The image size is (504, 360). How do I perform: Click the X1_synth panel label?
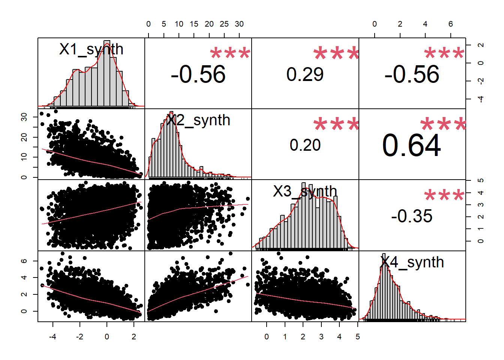pos(91,49)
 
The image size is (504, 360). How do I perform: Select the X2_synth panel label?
pos(198,120)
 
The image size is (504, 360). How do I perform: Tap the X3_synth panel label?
pos(305,191)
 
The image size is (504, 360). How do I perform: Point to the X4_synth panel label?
pos(412,262)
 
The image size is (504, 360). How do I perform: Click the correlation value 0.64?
pos(412,145)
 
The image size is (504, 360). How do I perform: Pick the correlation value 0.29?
pos(305,74)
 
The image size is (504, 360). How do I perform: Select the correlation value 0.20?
pos(305,145)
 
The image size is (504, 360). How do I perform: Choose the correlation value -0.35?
pos(412,216)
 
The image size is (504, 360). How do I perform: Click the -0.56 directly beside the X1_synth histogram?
pos(198,74)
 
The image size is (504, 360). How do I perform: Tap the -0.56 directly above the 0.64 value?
pos(412,74)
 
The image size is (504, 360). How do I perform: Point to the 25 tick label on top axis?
pos(224,24)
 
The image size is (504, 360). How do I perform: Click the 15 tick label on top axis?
pos(194,24)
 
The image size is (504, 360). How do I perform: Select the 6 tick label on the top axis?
pos(450,24)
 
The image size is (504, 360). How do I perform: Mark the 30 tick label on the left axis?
pos(24,117)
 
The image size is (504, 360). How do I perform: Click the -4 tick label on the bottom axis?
pos(52,337)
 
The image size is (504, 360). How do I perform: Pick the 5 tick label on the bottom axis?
pos(357,337)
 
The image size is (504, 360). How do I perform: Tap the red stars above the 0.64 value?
pos(444,124)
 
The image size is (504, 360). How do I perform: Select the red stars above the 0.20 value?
pos(336,124)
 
